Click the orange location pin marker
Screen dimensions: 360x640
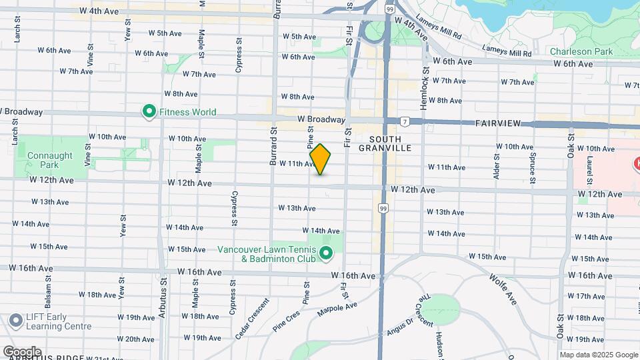pos(320,159)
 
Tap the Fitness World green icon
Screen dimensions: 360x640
pos(149,112)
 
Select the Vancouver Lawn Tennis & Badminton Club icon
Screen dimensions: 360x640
pos(326,253)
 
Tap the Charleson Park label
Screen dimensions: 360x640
pos(581,51)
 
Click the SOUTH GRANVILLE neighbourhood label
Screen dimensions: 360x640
pos(385,143)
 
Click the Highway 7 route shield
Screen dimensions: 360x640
pos(405,121)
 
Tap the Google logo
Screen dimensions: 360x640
pos(22,351)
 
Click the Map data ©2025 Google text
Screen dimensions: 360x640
pos(599,355)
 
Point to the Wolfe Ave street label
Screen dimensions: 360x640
pos(503,289)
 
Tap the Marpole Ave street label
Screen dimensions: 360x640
pos(337,309)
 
